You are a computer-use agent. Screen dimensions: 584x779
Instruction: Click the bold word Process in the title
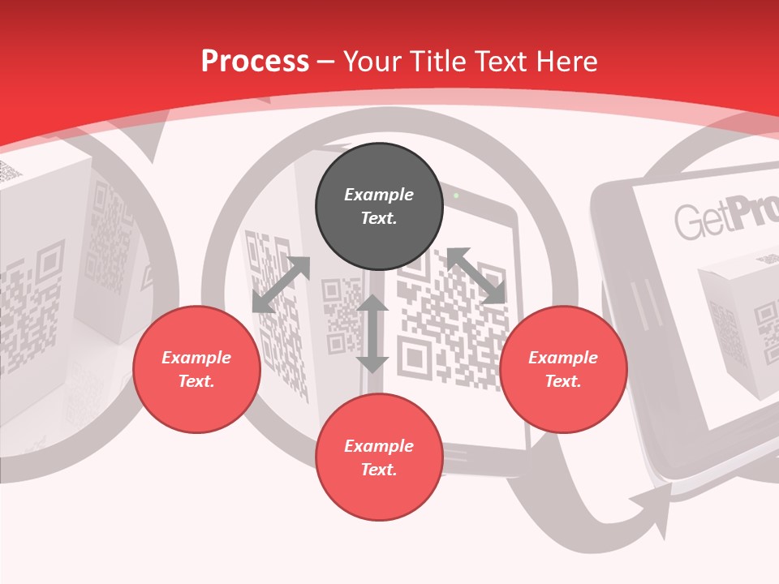coord(255,62)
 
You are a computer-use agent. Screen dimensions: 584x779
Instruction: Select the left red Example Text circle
coord(196,369)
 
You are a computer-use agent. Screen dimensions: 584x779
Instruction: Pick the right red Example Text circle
coord(563,369)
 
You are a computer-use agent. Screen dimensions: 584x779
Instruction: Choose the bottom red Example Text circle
coord(379,457)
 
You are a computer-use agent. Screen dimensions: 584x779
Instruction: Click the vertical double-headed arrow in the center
coord(372,333)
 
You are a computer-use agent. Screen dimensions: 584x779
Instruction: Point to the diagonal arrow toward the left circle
coord(281,284)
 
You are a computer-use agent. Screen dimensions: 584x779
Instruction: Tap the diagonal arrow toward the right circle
coord(476,276)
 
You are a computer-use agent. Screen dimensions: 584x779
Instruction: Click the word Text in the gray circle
coord(379,218)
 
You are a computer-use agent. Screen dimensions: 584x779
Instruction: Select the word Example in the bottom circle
coord(379,446)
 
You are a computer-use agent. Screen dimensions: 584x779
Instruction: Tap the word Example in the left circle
coord(196,358)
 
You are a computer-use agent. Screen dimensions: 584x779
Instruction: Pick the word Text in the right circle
coord(563,381)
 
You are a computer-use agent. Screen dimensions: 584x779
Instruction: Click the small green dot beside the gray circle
coord(456,195)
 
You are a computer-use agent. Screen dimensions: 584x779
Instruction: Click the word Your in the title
coord(370,62)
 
